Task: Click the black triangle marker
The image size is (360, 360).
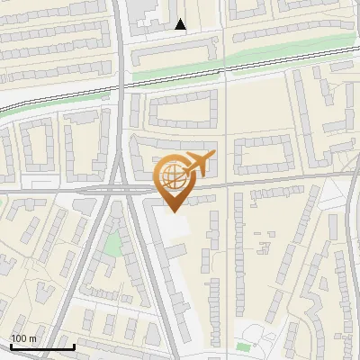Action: [x=181, y=24]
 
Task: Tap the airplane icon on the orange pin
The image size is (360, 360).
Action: [x=198, y=164]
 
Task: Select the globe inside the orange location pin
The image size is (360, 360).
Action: [x=173, y=176]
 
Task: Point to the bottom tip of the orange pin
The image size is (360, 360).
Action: [x=173, y=211]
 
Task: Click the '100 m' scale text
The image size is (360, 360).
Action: [x=23, y=338]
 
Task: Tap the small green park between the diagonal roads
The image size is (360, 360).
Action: [x=112, y=242]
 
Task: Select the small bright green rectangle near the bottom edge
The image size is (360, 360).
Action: [x=243, y=346]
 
